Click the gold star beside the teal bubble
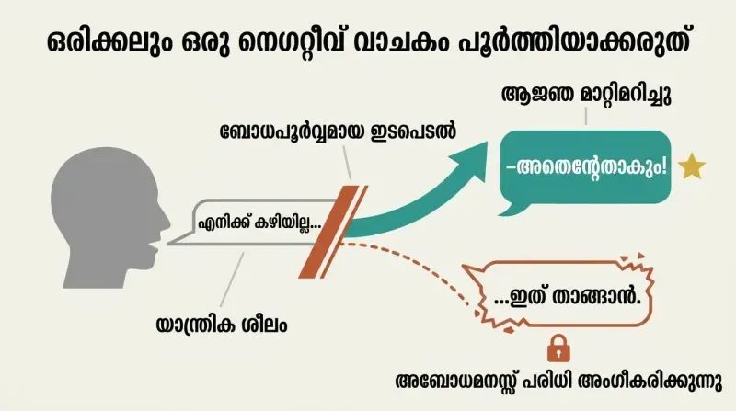[x=692, y=166]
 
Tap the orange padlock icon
[x=558, y=348]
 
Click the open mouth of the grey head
[x=153, y=247]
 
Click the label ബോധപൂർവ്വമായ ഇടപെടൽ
[x=338, y=131]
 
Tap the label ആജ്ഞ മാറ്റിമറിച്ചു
[x=586, y=95]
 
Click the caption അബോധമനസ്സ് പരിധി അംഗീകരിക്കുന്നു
[x=558, y=382]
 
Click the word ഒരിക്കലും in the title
[x=109, y=43]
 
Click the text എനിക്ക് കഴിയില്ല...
[x=259, y=223]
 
